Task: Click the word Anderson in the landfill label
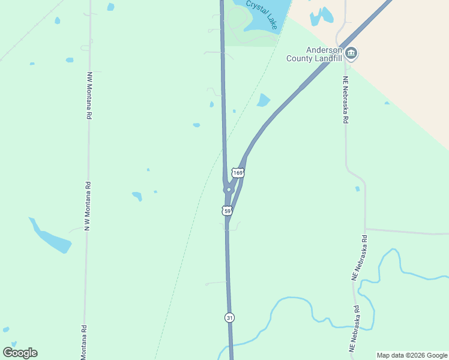tap(323, 50)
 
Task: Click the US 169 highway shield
tap(238, 173)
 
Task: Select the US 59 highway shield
tap(227, 211)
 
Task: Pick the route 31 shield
tap(230, 317)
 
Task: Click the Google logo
tap(20, 353)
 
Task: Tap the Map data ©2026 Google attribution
tap(412, 355)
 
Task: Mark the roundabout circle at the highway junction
tap(228, 190)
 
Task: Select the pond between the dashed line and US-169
tap(263, 100)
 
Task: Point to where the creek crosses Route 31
tap(231, 344)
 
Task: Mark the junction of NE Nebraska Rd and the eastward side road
tap(365, 229)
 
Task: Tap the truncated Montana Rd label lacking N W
tap(84, 342)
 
